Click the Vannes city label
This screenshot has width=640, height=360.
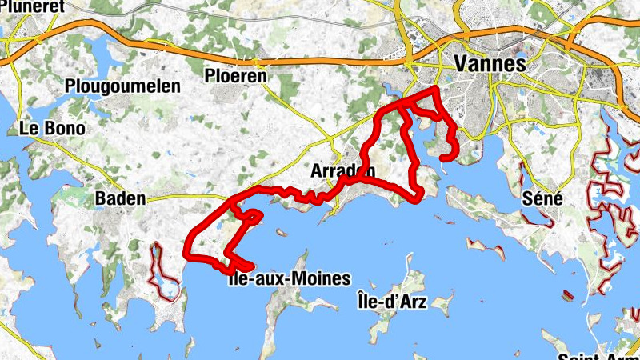pos(490,62)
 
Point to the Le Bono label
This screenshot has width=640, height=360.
pos(52,128)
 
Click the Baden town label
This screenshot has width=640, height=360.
pos(120,198)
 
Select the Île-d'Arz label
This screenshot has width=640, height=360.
pos(393,302)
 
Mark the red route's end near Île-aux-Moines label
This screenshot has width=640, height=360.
pos(250,267)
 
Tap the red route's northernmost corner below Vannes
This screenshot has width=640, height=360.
pos(435,88)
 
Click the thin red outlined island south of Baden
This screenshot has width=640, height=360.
pos(164,276)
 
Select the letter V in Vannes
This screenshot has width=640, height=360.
pos(461,62)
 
